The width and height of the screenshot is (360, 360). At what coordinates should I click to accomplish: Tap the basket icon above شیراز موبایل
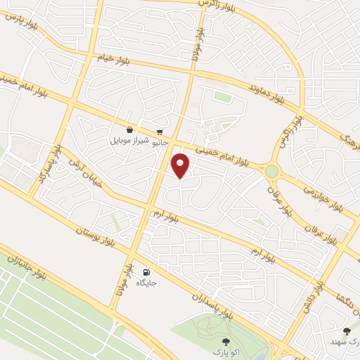pos(129,129)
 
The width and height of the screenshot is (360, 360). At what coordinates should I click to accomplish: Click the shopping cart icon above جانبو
pos(161,131)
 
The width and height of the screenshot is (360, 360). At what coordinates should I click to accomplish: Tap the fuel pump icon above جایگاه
pos(146,272)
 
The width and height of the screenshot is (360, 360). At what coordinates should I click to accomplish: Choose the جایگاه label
pos(146,283)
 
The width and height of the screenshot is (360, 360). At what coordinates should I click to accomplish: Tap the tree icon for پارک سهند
pos(345,330)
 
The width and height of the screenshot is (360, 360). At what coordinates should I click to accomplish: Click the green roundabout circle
pos(271,171)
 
